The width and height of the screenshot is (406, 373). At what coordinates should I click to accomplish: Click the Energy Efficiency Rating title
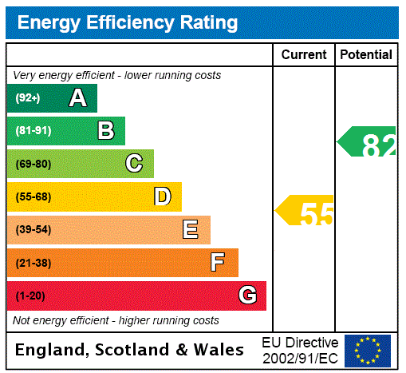[x=128, y=22]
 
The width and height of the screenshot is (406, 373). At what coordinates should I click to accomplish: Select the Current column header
[x=304, y=55]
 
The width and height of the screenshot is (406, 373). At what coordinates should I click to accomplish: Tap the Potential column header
[x=366, y=55]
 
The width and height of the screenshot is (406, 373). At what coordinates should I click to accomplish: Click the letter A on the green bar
[x=77, y=98]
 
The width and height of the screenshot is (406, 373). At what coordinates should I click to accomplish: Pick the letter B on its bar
[x=105, y=131]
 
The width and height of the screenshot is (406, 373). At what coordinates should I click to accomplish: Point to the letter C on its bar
[x=134, y=164]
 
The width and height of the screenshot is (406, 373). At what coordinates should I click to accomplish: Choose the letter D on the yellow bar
[x=163, y=196]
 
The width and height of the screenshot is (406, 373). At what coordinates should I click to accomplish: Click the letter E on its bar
[x=191, y=230]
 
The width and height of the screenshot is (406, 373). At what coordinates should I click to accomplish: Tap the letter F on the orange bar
[x=218, y=263]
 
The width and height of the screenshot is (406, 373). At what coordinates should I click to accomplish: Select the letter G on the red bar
[x=247, y=296]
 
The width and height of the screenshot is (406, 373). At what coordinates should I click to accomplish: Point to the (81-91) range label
[x=33, y=131]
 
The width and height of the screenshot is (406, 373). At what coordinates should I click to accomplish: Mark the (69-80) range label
[x=33, y=164]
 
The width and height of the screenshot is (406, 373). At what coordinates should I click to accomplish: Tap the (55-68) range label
[x=33, y=196]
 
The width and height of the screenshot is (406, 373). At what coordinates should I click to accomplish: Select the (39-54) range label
[x=33, y=230]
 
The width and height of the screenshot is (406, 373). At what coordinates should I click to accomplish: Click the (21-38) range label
[x=33, y=263]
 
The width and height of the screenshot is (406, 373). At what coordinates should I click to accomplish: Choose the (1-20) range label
[x=30, y=296]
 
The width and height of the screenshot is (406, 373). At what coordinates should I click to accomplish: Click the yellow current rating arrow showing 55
[x=306, y=211]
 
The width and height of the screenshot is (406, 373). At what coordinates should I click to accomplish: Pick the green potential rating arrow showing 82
[x=369, y=143]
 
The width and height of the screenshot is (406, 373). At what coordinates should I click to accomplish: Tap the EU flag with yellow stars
[x=368, y=350]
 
